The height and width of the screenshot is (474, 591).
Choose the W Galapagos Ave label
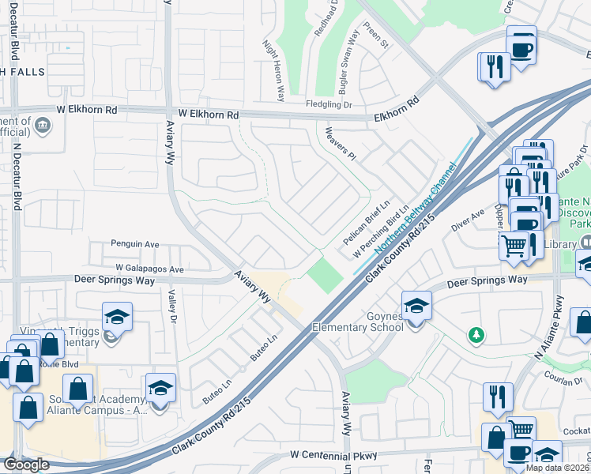tap(149, 269)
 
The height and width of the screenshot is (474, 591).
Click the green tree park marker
tap(475, 335)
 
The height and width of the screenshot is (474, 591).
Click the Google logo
tap(26, 465)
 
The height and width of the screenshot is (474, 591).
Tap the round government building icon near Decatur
tap(43, 125)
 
